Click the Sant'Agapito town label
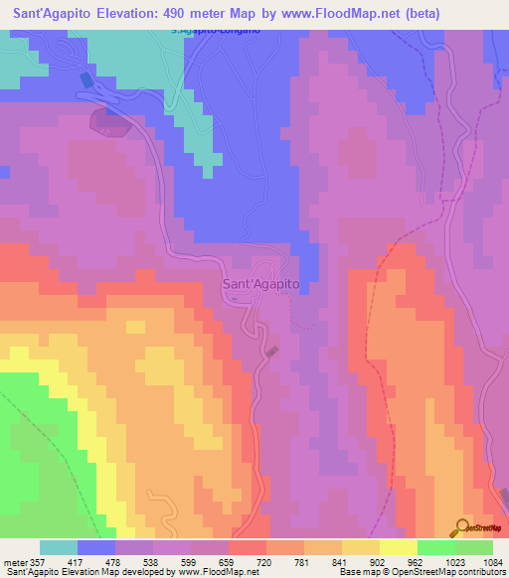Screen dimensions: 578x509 coord(259,284)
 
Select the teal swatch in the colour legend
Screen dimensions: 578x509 coord(59,547)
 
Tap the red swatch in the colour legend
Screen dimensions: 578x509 coord(247,547)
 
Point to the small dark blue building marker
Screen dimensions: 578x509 coord(85,79)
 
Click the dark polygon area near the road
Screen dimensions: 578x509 coord(109,123)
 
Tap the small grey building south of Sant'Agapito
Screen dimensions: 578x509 coord(272,351)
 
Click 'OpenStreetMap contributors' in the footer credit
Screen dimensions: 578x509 coord(456,572)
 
